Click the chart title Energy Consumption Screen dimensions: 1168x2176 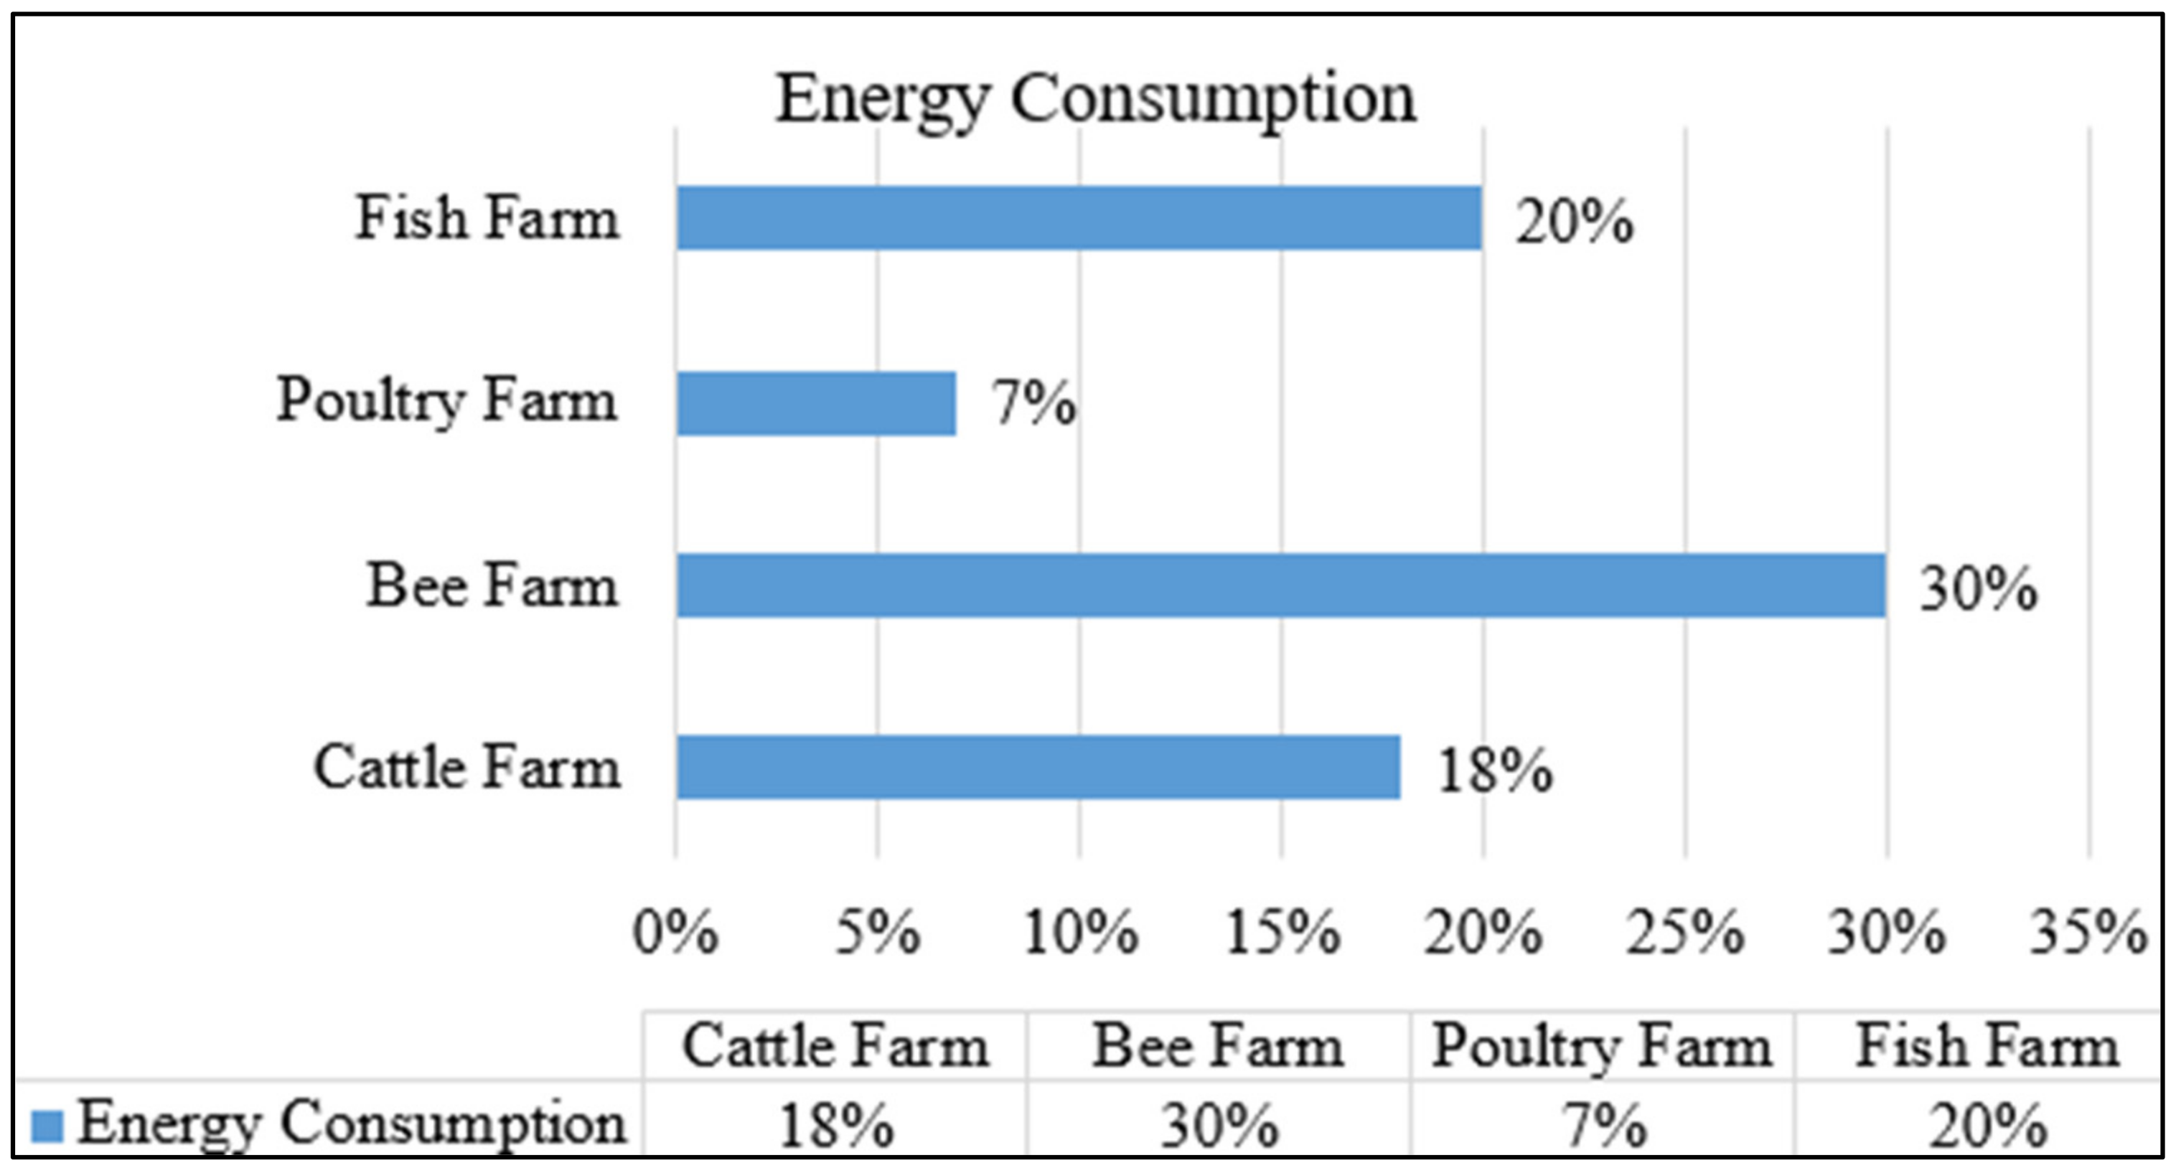(1094, 100)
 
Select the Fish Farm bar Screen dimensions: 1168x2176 (1079, 218)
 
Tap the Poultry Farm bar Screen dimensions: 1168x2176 (816, 404)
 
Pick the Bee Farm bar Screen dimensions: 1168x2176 (1280, 585)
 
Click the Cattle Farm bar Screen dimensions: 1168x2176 (1038, 767)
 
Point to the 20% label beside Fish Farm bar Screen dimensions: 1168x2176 (1574, 223)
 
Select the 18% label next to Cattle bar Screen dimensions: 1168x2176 (1494, 771)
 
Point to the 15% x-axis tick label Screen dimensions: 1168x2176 (1282, 933)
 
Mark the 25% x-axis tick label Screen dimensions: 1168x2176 (1685, 933)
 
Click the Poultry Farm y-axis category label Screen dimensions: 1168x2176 (447, 400)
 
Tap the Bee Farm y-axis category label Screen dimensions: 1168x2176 (492, 585)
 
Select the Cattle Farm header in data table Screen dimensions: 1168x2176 (835, 1047)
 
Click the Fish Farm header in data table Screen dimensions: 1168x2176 (1987, 1047)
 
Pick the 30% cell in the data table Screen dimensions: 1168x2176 (1219, 1126)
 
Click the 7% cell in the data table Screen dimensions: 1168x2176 (1603, 1126)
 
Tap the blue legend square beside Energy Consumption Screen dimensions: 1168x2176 (47, 1126)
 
